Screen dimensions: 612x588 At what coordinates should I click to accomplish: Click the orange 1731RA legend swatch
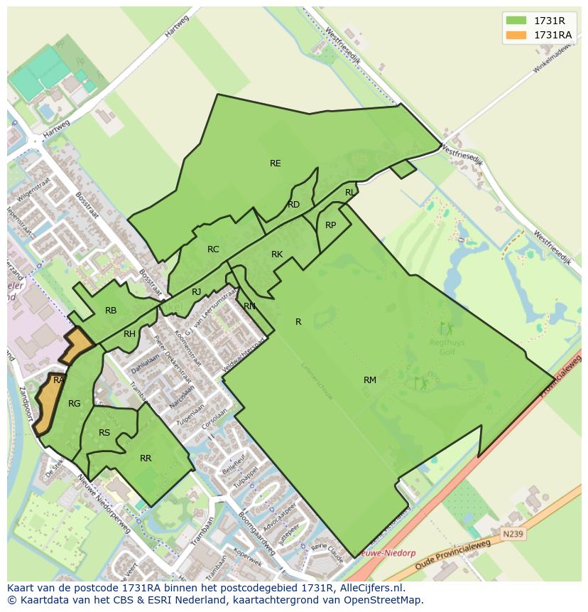(516, 35)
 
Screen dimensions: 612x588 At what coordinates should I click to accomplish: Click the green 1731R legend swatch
(516, 21)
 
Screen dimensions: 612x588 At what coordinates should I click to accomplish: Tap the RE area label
(276, 163)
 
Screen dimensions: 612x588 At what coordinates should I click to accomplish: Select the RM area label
(370, 380)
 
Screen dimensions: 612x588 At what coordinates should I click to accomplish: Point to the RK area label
(277, 254)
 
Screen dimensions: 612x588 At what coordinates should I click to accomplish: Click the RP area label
(330, 225)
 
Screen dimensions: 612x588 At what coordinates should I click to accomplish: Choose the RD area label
(293, 205)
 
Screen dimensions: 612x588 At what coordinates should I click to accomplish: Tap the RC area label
(213, 249)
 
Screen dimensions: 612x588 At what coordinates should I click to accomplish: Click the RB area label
(111, 311)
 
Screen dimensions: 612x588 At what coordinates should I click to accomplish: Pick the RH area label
(129, 334)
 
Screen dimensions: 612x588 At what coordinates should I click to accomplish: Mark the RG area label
(74, 404)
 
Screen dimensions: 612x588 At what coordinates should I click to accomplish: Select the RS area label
(104, 433)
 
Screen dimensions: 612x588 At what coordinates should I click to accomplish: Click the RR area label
(146, 458)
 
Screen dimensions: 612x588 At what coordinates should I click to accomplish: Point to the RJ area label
(197, 292)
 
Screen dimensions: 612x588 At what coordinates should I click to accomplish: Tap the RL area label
(350, 193)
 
